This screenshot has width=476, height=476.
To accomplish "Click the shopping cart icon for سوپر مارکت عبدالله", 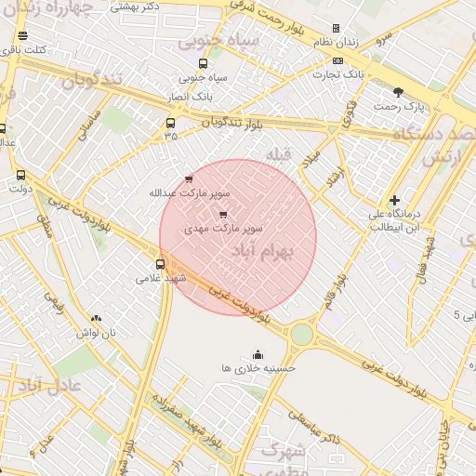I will click(x=190, y=178).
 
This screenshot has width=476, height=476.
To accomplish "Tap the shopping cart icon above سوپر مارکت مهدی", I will click(x=221, y=214).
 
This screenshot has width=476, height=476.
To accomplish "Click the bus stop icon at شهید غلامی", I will click(x=161, y=264).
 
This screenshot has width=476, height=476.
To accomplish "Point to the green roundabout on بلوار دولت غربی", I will click(x=302, y=334).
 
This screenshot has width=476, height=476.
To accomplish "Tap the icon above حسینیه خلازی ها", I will click(x=258, y=354).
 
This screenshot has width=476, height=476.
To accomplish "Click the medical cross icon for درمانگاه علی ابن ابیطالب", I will click(x=395, y=200).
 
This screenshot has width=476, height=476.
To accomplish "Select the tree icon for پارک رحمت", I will click(x=399, y=92).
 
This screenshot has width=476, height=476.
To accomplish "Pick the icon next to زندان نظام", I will click(x=337, y=29).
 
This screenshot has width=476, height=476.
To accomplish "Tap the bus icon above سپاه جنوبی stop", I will click(x=203, y=63).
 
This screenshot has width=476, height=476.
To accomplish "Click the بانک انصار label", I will click(x=194, y=95).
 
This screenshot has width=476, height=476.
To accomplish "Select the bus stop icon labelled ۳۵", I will click(x=170, y=123).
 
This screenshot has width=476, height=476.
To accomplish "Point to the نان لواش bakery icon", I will click(x=96, y=319).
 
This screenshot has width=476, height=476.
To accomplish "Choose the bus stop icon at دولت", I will click(x=20, y=175).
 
